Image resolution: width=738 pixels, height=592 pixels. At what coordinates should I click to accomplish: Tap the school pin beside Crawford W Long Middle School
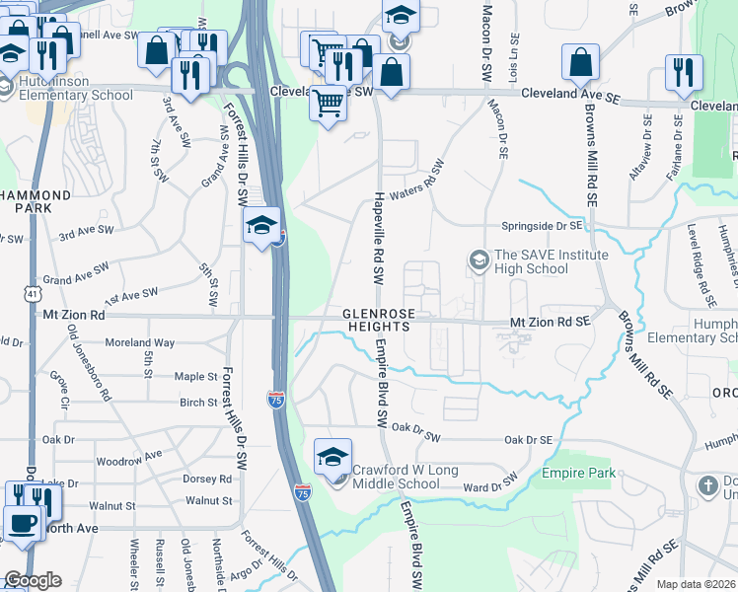coord(333,457)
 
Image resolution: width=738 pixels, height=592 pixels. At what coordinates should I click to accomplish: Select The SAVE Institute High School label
coord(539,261)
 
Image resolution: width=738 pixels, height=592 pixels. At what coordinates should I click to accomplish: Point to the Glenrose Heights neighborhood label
coord(376,319)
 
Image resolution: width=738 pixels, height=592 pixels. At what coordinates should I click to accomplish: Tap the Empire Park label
coord(578,474)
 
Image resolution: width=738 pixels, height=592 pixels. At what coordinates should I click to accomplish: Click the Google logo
coord(32,580)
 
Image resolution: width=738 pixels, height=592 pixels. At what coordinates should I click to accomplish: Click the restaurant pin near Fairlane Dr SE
coord(685,73)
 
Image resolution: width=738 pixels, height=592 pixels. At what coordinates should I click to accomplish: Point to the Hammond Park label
coord(36,202)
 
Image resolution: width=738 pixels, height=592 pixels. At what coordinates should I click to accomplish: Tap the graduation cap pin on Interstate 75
coord(262,227)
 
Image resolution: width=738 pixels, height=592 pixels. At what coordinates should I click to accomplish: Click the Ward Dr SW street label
coord(490,485)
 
